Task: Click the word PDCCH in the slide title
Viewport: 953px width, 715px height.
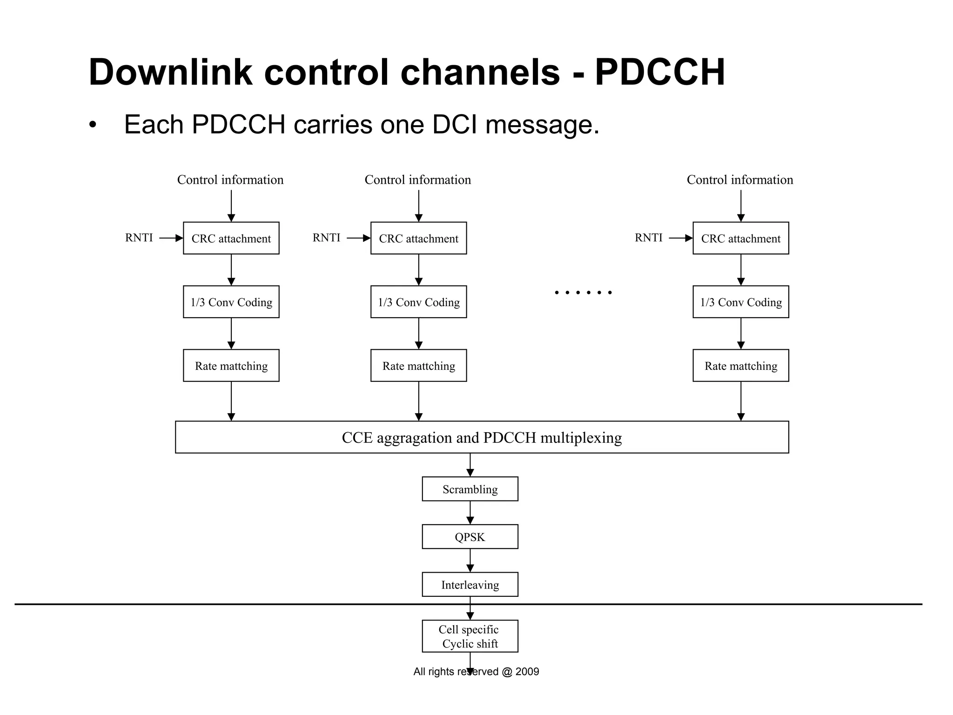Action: point(659,72)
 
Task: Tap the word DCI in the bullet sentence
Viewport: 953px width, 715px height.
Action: point(455,125)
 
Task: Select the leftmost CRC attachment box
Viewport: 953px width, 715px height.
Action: point(231,238)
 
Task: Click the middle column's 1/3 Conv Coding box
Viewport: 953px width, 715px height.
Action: point(418,302)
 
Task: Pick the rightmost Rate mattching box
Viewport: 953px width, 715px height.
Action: point(740,366)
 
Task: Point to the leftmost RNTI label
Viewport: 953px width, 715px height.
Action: point(139,238)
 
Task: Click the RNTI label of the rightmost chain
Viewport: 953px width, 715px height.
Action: point(648,238)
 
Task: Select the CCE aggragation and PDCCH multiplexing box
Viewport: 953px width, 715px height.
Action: point(482,437)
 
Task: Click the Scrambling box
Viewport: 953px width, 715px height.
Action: point(470,489)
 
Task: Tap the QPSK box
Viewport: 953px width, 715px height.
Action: point(470,537)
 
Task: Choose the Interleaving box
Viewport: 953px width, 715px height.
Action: point(470,585)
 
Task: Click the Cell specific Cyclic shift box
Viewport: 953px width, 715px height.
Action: point(470,636)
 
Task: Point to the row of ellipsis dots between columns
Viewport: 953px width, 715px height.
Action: point(583,293)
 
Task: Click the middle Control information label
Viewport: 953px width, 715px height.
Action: point(417,180)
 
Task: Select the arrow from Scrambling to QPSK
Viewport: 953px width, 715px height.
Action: point(470,513)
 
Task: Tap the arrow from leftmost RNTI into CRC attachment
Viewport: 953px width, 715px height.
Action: point(171,238)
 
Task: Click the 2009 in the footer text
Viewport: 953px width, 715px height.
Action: point(527,671)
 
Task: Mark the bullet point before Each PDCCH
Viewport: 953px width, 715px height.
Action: point(93,125)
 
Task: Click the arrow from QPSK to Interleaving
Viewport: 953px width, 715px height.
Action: point(470,561)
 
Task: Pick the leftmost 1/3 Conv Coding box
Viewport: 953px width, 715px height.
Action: point(231,302)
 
